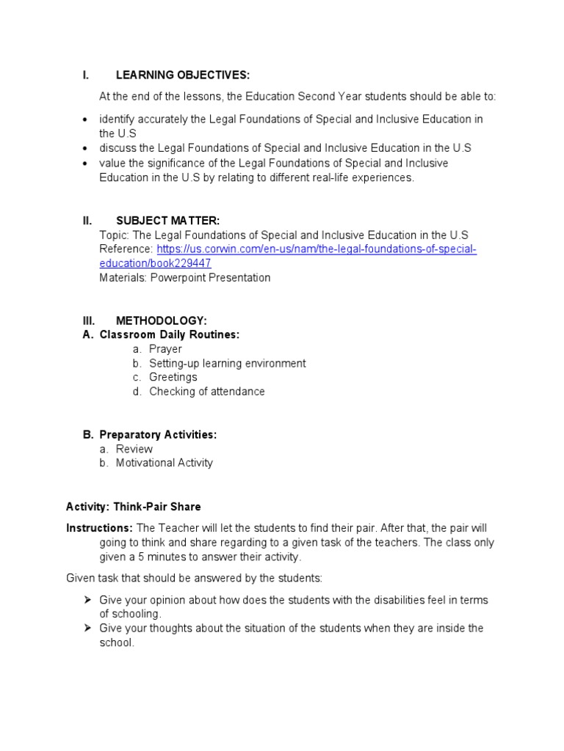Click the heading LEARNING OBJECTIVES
click(x=182, y=75)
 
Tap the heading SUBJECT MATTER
click(x=167, y=221)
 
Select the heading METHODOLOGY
click(x=162, y=320)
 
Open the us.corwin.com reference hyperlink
click(x=317, y=249)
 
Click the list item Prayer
click(x=165, y=349)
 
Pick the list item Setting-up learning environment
click(x=227, y=363)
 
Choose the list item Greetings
click(x=173, y=377)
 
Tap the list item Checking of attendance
click(x=206, y=392)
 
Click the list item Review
click(x=134, y=449)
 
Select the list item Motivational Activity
click(x=164, y=463)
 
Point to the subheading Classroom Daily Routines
click(x=170, y=334)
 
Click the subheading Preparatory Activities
click(x=158, y=435)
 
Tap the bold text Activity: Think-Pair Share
click(x=133, y=507)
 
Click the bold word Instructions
click(x=99, y=528)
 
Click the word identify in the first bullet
click(x=116, y=119)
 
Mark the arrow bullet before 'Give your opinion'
click(x=87, y=600)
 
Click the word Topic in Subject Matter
click(x=112, y=235)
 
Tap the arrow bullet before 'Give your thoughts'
click(x=87, y=629)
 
